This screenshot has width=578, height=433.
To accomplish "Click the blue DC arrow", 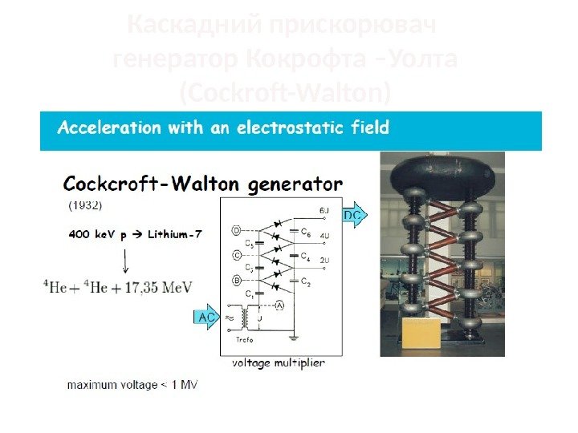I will click(354, 216).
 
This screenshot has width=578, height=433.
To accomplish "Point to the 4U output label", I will click(324, 237).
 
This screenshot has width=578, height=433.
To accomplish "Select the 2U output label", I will click(324, 261).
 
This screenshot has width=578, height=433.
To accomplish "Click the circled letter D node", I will click(236, 231).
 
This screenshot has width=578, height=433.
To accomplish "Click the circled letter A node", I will click(279, 305).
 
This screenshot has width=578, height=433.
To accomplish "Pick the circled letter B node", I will click(236, 281).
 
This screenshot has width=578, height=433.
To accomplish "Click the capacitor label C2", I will click(306, 281).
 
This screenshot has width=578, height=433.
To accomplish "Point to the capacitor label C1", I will click(250, 293).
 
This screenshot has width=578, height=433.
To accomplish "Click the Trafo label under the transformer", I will click(245, 339).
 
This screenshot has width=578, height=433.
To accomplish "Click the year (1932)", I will click(84, 205).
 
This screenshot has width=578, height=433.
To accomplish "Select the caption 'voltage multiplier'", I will click(278, 363).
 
